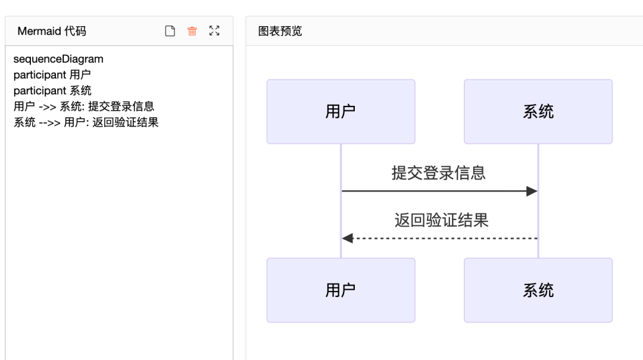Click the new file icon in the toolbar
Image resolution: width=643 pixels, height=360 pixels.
[x=170, y=31]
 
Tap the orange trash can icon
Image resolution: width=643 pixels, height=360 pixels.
[x=192, y=31]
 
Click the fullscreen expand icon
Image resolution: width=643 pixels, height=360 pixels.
[x=214, y=31]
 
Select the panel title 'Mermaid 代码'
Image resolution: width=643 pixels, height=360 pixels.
[x=52, y=31]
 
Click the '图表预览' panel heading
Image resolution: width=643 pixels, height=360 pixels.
[x=280, y=31]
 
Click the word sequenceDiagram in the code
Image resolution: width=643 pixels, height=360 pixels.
[x=58, y=59]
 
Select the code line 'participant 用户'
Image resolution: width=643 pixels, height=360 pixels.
[x=52, y=75]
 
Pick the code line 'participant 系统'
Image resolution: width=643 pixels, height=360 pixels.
[x=52, y=90]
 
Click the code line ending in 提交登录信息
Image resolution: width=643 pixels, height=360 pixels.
[x=84, y=107]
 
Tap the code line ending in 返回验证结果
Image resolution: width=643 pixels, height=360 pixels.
[x=86, y=123]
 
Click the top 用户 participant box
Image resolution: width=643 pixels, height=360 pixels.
[x=341, y=112]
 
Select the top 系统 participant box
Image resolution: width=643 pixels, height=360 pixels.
[x=538, y=112]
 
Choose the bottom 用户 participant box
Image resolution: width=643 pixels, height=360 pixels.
[x=341, y=290]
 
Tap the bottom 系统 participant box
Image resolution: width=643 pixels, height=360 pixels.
[x=538, y=290]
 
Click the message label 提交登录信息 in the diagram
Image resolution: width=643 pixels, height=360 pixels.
[x=439, y=173]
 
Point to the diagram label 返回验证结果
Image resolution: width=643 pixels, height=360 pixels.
[x=441, y=220]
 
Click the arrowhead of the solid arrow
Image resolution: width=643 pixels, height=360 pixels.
[x=532, y=191]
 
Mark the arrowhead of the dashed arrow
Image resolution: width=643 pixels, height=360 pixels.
[x=348, y=238]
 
